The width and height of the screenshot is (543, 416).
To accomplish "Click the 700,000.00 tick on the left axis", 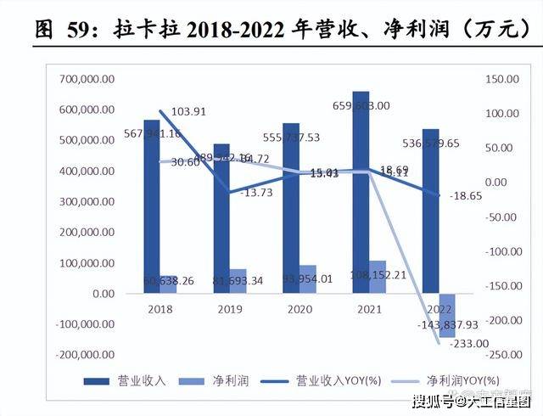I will pyautogui.click(x=87, y=79).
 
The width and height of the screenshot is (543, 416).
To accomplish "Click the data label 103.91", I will pyautogui.click(x=189, y=112).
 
